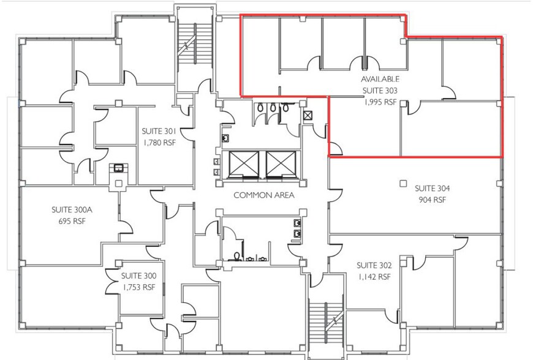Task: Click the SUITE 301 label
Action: point(159,131)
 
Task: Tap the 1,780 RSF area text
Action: point(159,142)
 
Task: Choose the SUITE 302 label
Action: point(374,265)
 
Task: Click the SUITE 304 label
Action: point(432,189)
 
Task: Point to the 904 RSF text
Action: point(432,200)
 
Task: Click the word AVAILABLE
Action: point(380,80)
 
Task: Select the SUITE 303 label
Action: point(380,91)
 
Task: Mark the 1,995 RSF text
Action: point(380,102)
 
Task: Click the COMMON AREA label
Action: point(264,195)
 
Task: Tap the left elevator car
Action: point(244,164)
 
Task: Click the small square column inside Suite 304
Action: point(403,182)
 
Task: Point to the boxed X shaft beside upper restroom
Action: point(308,114)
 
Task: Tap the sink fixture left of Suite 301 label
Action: point(117,167)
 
